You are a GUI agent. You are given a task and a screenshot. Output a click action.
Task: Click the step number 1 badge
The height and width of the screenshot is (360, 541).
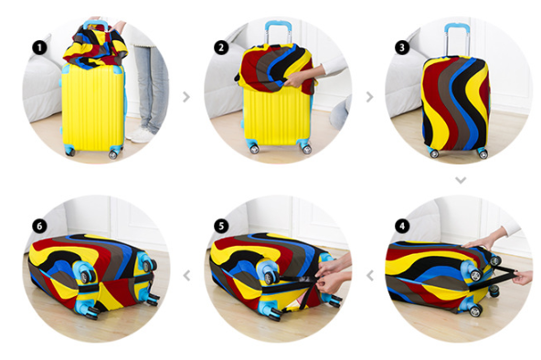click(x=39, y=48)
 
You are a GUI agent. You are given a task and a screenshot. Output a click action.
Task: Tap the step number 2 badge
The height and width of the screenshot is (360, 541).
click(x=221, y=48)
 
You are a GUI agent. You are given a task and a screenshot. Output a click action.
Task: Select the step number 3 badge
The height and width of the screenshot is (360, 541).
click(x=402, y=48)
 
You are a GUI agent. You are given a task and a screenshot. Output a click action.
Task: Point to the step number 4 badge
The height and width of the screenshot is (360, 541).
click(x=402, y=227)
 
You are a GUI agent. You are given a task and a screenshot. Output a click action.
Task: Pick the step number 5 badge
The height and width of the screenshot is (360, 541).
click(x=221, y=227)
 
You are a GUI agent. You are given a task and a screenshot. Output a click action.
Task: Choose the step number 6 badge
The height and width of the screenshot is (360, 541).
click(x=39, y=227)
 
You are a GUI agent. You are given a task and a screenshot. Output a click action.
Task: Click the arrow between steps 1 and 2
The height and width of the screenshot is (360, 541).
click(x=186, y=97)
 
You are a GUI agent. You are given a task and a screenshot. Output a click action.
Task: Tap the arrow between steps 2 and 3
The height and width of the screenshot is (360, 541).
click(x=369, y=97)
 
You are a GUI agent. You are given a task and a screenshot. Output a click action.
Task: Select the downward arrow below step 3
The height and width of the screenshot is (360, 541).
click(x=461, y=180)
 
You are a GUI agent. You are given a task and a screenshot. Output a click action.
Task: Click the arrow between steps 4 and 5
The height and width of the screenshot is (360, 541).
click(x=370, y=276)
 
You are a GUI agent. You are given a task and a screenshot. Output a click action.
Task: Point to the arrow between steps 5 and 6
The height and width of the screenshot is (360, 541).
click(x=186, y=276)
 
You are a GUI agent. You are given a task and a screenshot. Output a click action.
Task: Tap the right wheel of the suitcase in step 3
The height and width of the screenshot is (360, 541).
click(x=483, y=154)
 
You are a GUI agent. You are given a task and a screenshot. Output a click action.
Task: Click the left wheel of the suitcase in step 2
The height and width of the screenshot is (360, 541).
click(x=255, y=149)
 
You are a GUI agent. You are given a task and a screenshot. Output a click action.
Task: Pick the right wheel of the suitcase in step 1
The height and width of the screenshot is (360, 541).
click(x=113, y=154)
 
